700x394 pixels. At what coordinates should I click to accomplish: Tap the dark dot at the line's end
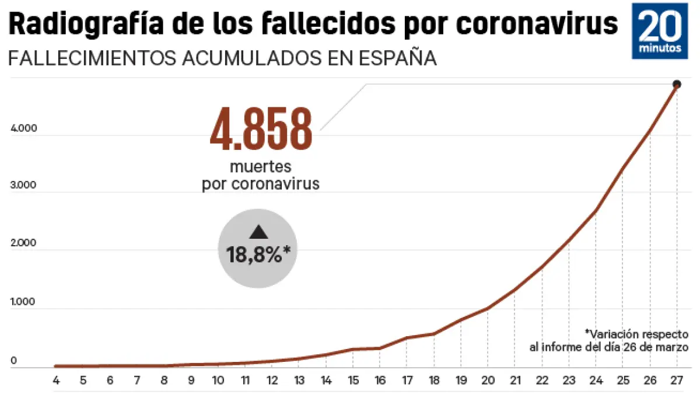click(677, 84)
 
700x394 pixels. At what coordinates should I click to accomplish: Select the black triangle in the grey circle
click(258, 232)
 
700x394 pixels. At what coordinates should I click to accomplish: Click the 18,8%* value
click(258, 254)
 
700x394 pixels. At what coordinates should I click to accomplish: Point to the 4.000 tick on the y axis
click(24, 129)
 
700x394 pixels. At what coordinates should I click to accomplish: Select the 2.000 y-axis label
click(24, 243)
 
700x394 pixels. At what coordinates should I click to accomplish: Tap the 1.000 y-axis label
click(24, 302)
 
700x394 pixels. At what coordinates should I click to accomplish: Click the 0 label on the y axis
click(13, 361)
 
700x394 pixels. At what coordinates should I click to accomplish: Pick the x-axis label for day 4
click(56, 381)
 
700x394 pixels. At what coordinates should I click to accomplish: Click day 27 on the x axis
click(677, 381)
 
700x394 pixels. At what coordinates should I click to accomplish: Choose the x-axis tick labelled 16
click(379, 381)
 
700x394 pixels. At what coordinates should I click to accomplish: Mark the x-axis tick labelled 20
click(487, 381)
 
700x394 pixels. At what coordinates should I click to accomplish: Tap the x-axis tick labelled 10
click(218, 381)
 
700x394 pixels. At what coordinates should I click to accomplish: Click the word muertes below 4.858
click(260, 167)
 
